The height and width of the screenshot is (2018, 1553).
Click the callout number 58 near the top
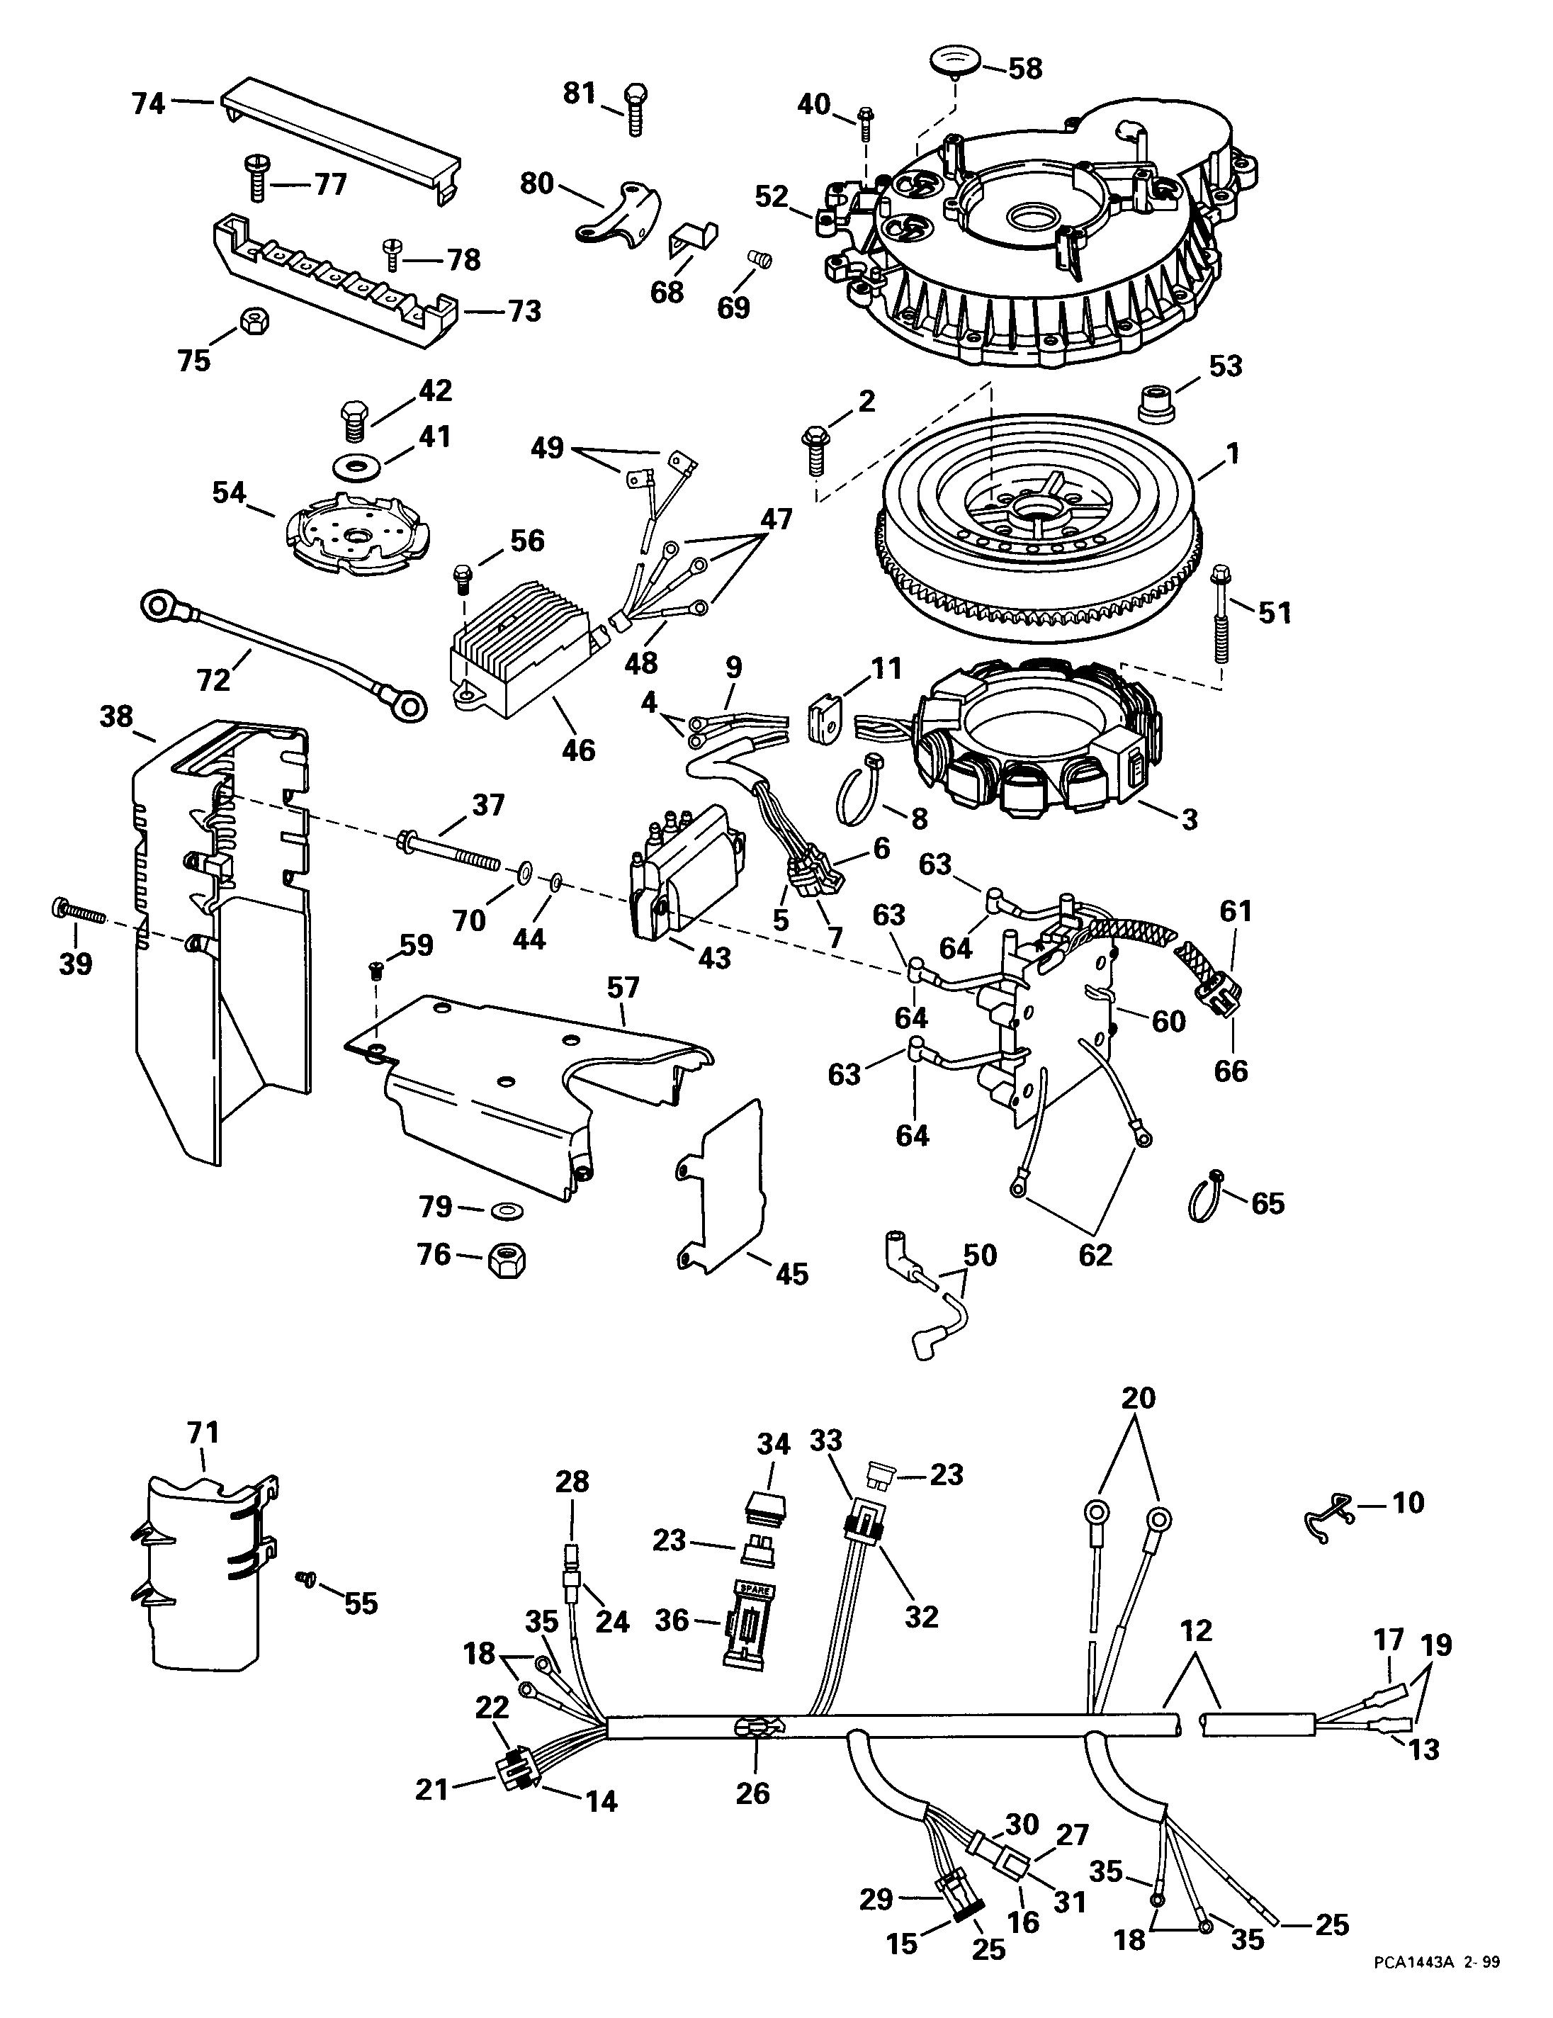pos(1024,69)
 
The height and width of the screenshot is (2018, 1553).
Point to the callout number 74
pos(148,103)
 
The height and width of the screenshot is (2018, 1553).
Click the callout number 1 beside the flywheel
pos(1233,453)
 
